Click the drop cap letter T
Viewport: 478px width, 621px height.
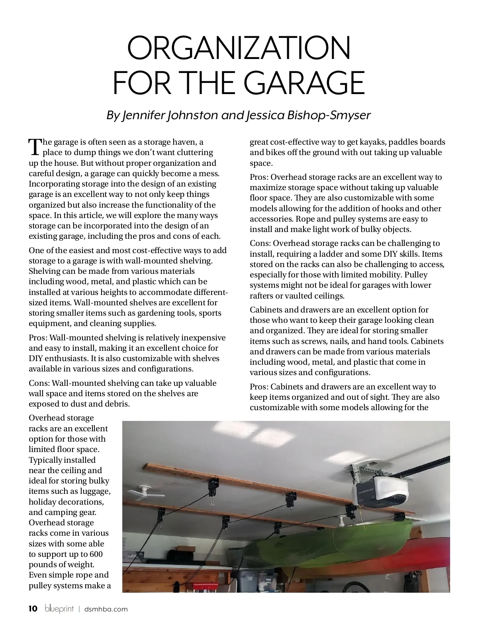click(35, 147)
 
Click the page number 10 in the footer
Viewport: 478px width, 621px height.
click(33, 609)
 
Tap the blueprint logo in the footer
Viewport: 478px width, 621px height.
click(59, 609)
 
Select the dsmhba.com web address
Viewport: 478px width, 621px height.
click(106, 609)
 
